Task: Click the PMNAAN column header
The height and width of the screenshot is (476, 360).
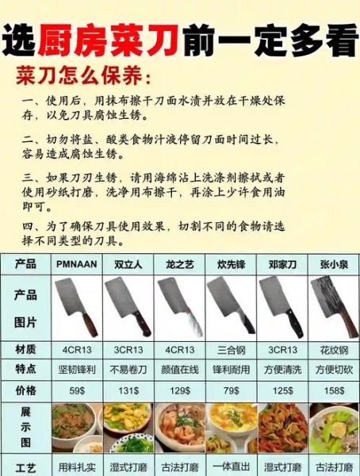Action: (x=77, y=263)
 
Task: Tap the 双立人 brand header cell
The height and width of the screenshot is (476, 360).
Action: (x=128, y=263)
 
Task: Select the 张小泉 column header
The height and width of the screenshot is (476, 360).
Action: (x=334, y=263)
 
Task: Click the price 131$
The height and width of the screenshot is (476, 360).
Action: (x=128, y=390)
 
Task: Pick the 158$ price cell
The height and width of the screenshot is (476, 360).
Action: (x=334, y=390)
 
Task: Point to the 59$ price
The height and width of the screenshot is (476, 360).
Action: (x=77, y=390)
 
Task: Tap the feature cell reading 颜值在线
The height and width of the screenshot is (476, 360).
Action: (x=180, y=370)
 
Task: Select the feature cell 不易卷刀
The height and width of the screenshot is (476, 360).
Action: (x=128, y=370)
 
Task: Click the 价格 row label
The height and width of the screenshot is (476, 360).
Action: (x=25, y=390)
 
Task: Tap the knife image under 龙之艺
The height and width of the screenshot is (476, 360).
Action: (x=180, y=306)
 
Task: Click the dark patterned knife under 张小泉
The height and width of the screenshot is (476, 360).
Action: (x=334, y=306)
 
